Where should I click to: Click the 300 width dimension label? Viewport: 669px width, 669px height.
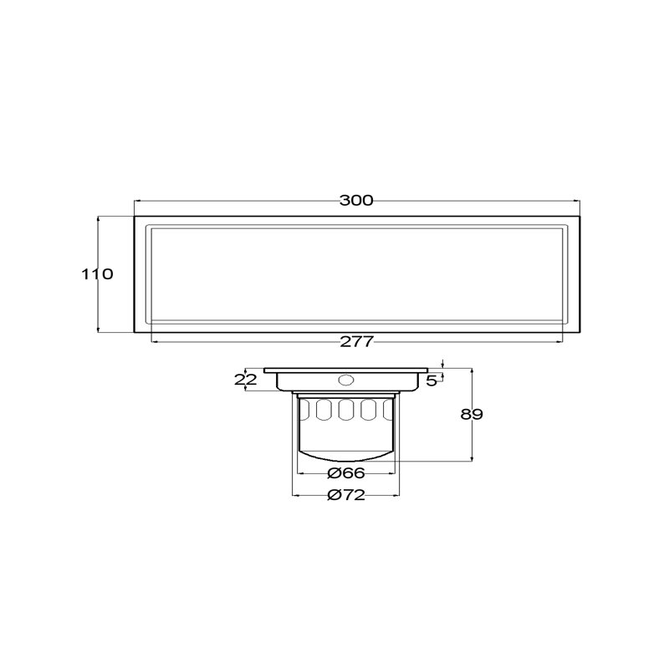[x=356, y=201]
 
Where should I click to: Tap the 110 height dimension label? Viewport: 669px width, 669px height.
[x=97, y=274]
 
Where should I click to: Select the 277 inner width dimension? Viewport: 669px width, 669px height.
[x=357, y=342]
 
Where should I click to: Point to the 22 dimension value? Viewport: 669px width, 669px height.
[x=246, y=380]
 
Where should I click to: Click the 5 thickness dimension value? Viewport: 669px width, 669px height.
[x=432, y=381]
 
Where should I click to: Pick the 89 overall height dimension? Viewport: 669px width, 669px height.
[x=472, y=414]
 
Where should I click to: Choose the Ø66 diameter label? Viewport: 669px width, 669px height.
[x=346, y=472]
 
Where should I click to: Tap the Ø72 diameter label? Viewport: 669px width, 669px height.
[x=346, y=495]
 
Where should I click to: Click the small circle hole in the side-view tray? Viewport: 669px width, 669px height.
[x=345, y=380]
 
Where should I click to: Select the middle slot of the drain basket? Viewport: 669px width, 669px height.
[x=345, y=410]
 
